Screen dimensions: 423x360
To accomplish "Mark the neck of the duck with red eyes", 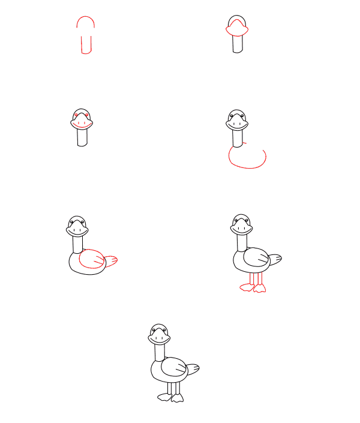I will (82, 138).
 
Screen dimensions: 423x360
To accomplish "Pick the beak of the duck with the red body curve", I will (238, 124).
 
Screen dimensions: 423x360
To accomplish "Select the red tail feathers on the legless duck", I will (110, 260).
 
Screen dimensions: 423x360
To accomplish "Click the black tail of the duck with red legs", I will (274, 260).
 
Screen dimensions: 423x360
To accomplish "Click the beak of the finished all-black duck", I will (160, 338).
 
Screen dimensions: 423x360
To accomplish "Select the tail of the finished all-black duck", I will (192, 368).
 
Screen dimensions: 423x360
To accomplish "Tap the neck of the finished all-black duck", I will (160, 352).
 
